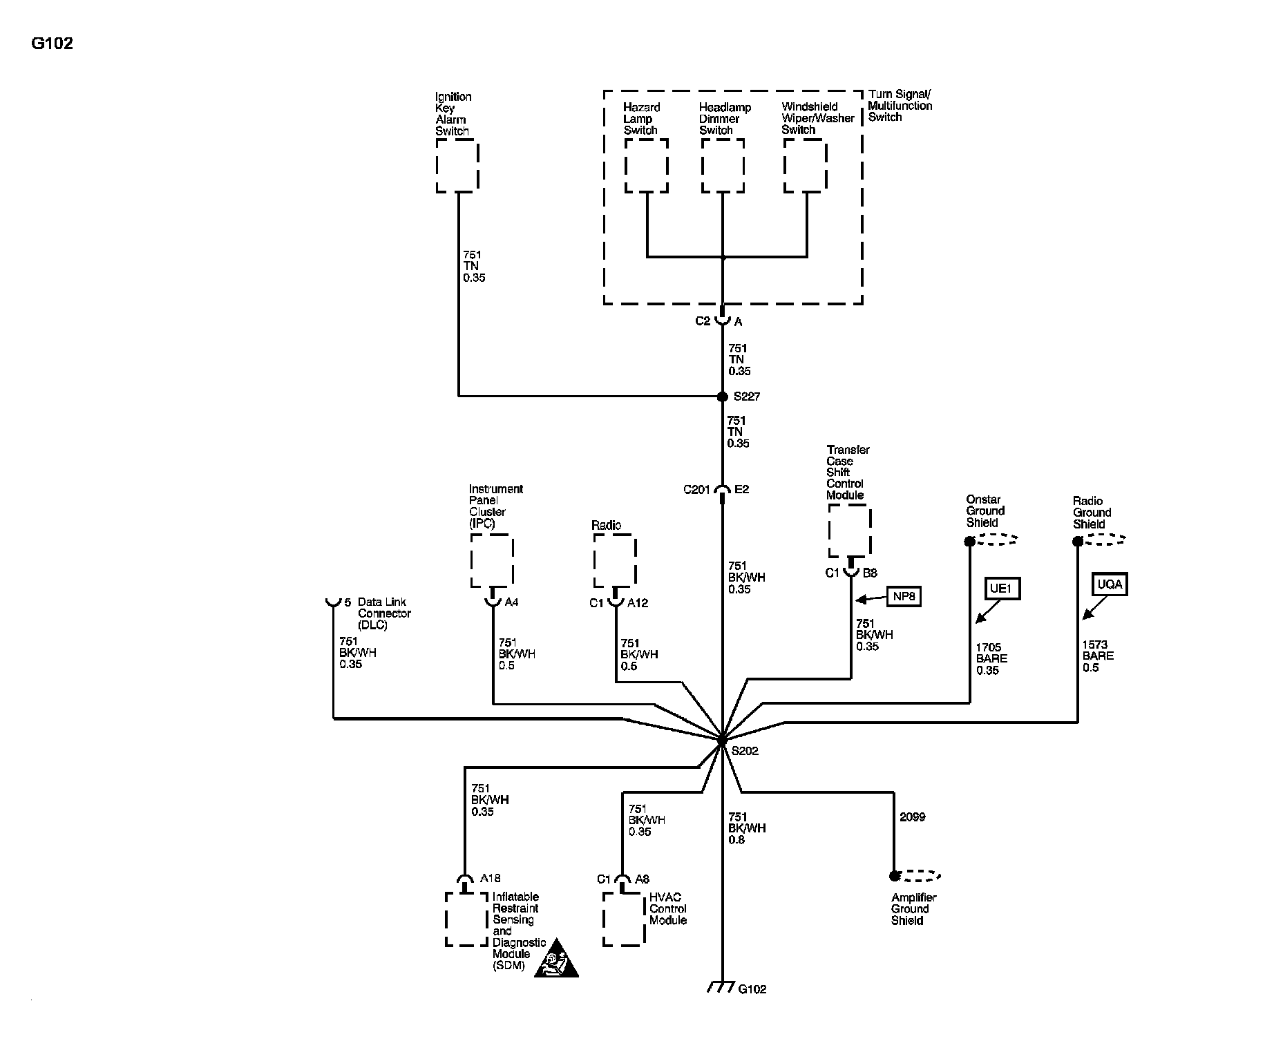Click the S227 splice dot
click(722, 397)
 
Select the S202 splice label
click(745, 751)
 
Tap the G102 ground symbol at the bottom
click(721, 988)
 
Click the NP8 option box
click(904, 596)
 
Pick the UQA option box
click(1109, 584)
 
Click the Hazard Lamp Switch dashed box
click(646, 166)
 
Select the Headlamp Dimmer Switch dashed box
click(723, 166)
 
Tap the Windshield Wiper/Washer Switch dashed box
click(806, 166)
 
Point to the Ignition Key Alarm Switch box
click(457, 166)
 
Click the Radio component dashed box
click(614, 561)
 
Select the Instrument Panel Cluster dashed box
click(491, 561)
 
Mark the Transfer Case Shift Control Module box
click(849, 531)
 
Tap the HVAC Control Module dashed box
click(623, 919)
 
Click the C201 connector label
click(696, 490)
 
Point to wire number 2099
click(912, 817)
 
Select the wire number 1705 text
click(988, 647)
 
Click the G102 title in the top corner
click(52, 44)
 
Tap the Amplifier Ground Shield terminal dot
click(894, 876)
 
